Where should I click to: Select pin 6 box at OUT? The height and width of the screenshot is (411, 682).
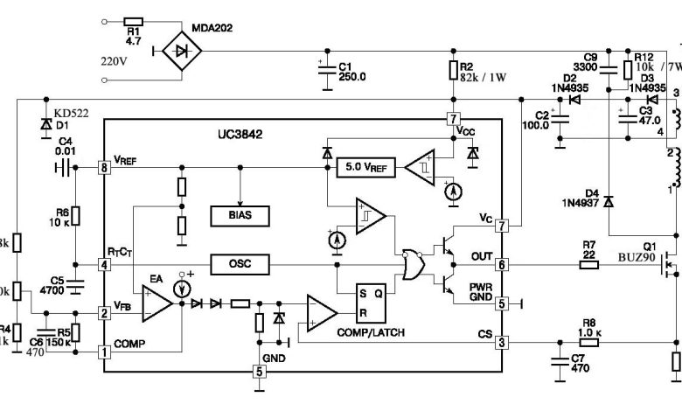[502, 313]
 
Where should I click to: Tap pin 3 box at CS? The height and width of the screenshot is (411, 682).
[502, 367]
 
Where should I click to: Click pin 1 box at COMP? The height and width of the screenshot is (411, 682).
[104, 377]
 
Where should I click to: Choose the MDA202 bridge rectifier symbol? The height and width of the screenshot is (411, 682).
[183, 52]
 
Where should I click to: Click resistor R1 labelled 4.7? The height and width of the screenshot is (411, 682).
[134, 23]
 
